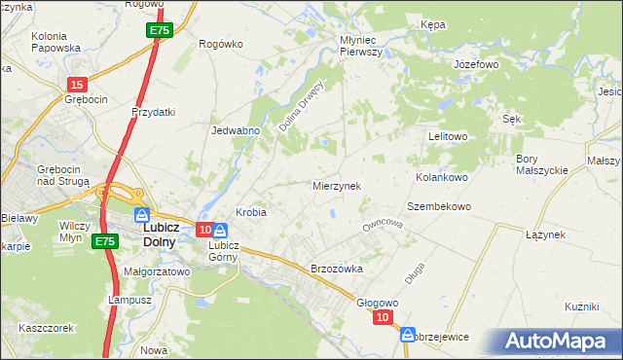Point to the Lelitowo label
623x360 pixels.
click(449, 136)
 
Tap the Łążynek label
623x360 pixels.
click(545, 234)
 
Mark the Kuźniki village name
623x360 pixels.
click(580, 306)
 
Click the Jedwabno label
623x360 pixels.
click(235, 129)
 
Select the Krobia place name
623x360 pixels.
click(251, 212)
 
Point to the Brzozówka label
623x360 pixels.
click(336, 269)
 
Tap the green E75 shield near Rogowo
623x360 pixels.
click(160, 32)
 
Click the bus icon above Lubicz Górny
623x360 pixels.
click(220, 231)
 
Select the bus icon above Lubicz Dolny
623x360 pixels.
click(142, 214)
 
